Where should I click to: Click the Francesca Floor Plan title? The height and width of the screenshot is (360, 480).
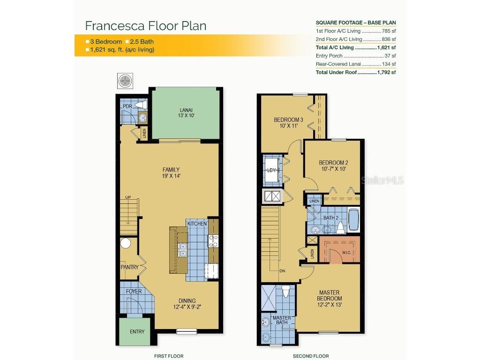coord(145,25)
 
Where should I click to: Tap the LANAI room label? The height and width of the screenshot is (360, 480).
coord(186,113)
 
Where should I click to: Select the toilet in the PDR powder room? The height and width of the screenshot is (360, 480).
coord(141,105)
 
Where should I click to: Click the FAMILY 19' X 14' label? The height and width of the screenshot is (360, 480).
coord(171,173)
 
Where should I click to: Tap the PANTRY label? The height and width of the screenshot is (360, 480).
coord(129,267)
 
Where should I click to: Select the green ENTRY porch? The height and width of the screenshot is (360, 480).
coord(136,331)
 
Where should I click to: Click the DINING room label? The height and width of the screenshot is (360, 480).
coord(187,304)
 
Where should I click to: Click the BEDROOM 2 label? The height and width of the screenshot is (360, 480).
coord(333,166)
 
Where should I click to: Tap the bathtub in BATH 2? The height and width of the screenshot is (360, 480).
coord(353,220)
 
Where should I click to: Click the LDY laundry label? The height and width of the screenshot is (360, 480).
coord(272,170)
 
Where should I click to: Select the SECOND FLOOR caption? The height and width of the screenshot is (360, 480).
coord(311,356)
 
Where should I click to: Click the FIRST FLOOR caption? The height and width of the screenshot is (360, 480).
coord(168,356)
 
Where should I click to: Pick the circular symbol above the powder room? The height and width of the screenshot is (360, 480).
coord(126,80)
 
